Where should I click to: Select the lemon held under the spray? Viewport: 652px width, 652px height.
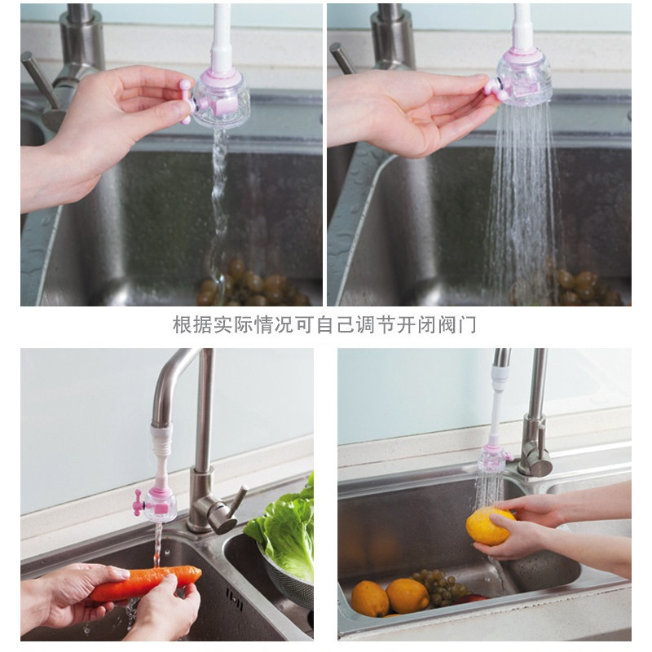tap(491, 526)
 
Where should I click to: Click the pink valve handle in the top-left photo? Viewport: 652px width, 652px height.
tap(185, 103)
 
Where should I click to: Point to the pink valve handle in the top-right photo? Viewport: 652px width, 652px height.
tap(496, 89)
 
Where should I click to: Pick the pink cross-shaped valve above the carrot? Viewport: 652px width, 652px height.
tap(138, 502)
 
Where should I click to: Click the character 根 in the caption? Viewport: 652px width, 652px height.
tap(183, 324)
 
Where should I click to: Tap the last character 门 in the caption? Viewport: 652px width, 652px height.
tap(467, 324)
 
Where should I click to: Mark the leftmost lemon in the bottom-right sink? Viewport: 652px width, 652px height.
tap(369, 598)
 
